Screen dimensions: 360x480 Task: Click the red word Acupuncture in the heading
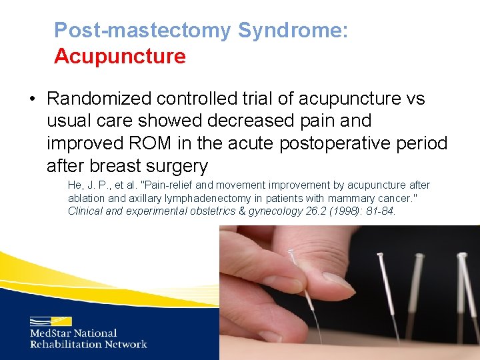pos(120,56)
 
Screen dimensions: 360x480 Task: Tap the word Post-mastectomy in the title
pos(143,30)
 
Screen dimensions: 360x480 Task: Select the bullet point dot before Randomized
pos(32,99)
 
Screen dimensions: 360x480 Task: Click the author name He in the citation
pos(75,185)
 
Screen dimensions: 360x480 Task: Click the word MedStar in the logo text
pos(51,333)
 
